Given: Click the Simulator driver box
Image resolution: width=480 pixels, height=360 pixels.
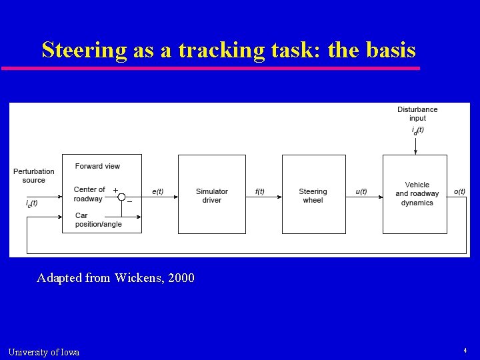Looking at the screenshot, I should coord(211,194).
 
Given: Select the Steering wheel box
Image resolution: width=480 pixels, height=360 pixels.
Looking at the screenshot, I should coord(313,194).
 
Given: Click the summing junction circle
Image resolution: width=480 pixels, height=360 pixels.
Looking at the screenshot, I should coord(121,197).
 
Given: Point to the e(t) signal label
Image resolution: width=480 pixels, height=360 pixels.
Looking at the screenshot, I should coord(158,192).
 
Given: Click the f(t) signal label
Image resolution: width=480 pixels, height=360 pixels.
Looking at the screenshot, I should coord(260,192).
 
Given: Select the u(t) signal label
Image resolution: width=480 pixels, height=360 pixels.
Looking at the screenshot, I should coord(361,192).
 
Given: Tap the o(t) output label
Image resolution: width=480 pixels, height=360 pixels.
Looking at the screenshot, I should coord(459,192).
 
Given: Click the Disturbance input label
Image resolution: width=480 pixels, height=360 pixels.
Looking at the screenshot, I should coord(417,114).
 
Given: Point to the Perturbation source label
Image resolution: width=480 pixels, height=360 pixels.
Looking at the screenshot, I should coord(34,176).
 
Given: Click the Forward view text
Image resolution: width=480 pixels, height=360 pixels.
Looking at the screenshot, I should coord(98,166).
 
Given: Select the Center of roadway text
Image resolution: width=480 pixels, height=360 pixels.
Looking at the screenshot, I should coord(89,194).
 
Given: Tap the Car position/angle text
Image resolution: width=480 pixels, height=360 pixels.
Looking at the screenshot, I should coord(99,220).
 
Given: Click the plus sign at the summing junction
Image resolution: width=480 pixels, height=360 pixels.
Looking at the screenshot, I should coord(115,190).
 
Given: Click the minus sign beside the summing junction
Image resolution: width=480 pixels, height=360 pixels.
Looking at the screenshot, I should coord(129,202).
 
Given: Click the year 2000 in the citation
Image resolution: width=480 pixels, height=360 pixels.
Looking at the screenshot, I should coord(181,277).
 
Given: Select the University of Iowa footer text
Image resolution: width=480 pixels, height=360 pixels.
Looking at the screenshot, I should coord(43,352).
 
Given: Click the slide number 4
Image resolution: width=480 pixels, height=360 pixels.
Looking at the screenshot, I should coord(465,350).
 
